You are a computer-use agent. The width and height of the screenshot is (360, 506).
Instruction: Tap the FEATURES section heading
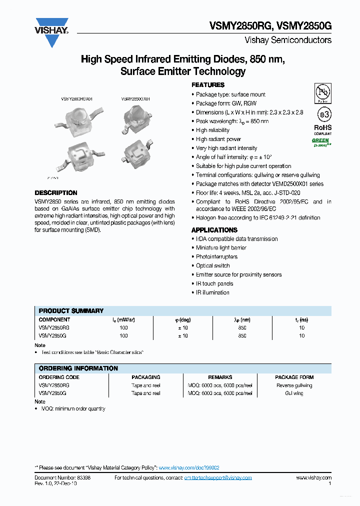(208, 85)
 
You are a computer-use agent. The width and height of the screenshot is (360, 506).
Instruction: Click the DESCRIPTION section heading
(56, 193)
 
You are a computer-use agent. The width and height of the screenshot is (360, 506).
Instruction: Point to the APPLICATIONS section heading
(214, 230)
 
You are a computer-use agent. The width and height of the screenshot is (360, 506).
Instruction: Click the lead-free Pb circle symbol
(322, 93)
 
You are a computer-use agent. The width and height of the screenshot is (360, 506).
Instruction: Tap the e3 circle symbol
(323, 114)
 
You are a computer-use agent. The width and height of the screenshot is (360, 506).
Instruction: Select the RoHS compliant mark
(322, 129)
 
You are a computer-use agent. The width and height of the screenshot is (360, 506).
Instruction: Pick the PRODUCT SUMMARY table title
(71, 310)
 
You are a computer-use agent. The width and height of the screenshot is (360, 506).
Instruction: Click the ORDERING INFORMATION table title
(78, 368)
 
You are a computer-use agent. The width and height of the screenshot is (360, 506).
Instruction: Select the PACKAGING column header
(146, 377)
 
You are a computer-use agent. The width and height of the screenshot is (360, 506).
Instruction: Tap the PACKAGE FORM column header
(294, 377)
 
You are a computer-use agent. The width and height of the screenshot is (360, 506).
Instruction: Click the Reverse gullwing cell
(294, 385)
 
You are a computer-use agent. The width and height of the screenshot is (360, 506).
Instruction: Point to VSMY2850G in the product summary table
(52, 336)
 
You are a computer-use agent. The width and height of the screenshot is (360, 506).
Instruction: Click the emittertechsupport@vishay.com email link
(218, 478)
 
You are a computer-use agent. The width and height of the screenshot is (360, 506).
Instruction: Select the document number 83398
(83, 478)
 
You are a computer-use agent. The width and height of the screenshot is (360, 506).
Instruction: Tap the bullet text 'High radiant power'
(218, 139)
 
